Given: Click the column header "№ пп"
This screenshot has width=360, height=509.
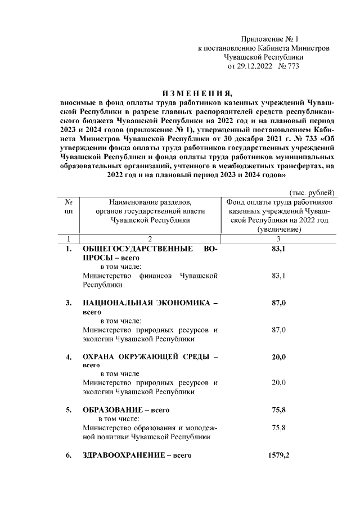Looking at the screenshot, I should pyautogui.click(x=68, y=206).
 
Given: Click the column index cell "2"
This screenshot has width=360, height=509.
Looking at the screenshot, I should pyautogui.click(x=150, y=238).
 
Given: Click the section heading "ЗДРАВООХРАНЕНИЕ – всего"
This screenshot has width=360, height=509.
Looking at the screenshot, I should pyautogui.click(x=137, y=455).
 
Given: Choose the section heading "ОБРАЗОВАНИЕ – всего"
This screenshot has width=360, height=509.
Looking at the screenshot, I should pyautogui.click(x=126, y=409).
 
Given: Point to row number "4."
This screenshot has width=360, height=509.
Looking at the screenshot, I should pyautogui.click(x=69, y=357).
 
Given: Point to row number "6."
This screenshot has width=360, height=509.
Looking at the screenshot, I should pyautogui.click(x=69, y=455).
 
